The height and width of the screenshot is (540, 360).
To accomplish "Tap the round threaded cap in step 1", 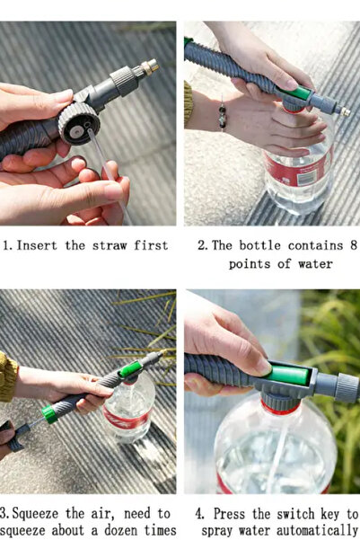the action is coord(79,123).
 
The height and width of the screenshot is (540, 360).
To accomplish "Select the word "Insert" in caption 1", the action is coord(37,245).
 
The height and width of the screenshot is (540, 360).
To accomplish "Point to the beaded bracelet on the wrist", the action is coord(223,116).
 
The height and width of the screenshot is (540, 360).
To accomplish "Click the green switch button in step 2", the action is coord(296,93).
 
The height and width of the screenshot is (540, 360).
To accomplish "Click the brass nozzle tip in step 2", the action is coord(345,111).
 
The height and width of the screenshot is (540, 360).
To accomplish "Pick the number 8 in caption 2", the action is coord(354,245).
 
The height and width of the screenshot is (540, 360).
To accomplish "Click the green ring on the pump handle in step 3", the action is coord(49,414).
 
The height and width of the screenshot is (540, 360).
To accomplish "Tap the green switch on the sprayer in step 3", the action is coord(130,369).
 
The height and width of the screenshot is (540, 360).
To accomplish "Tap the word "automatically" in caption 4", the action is coord(317,530).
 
